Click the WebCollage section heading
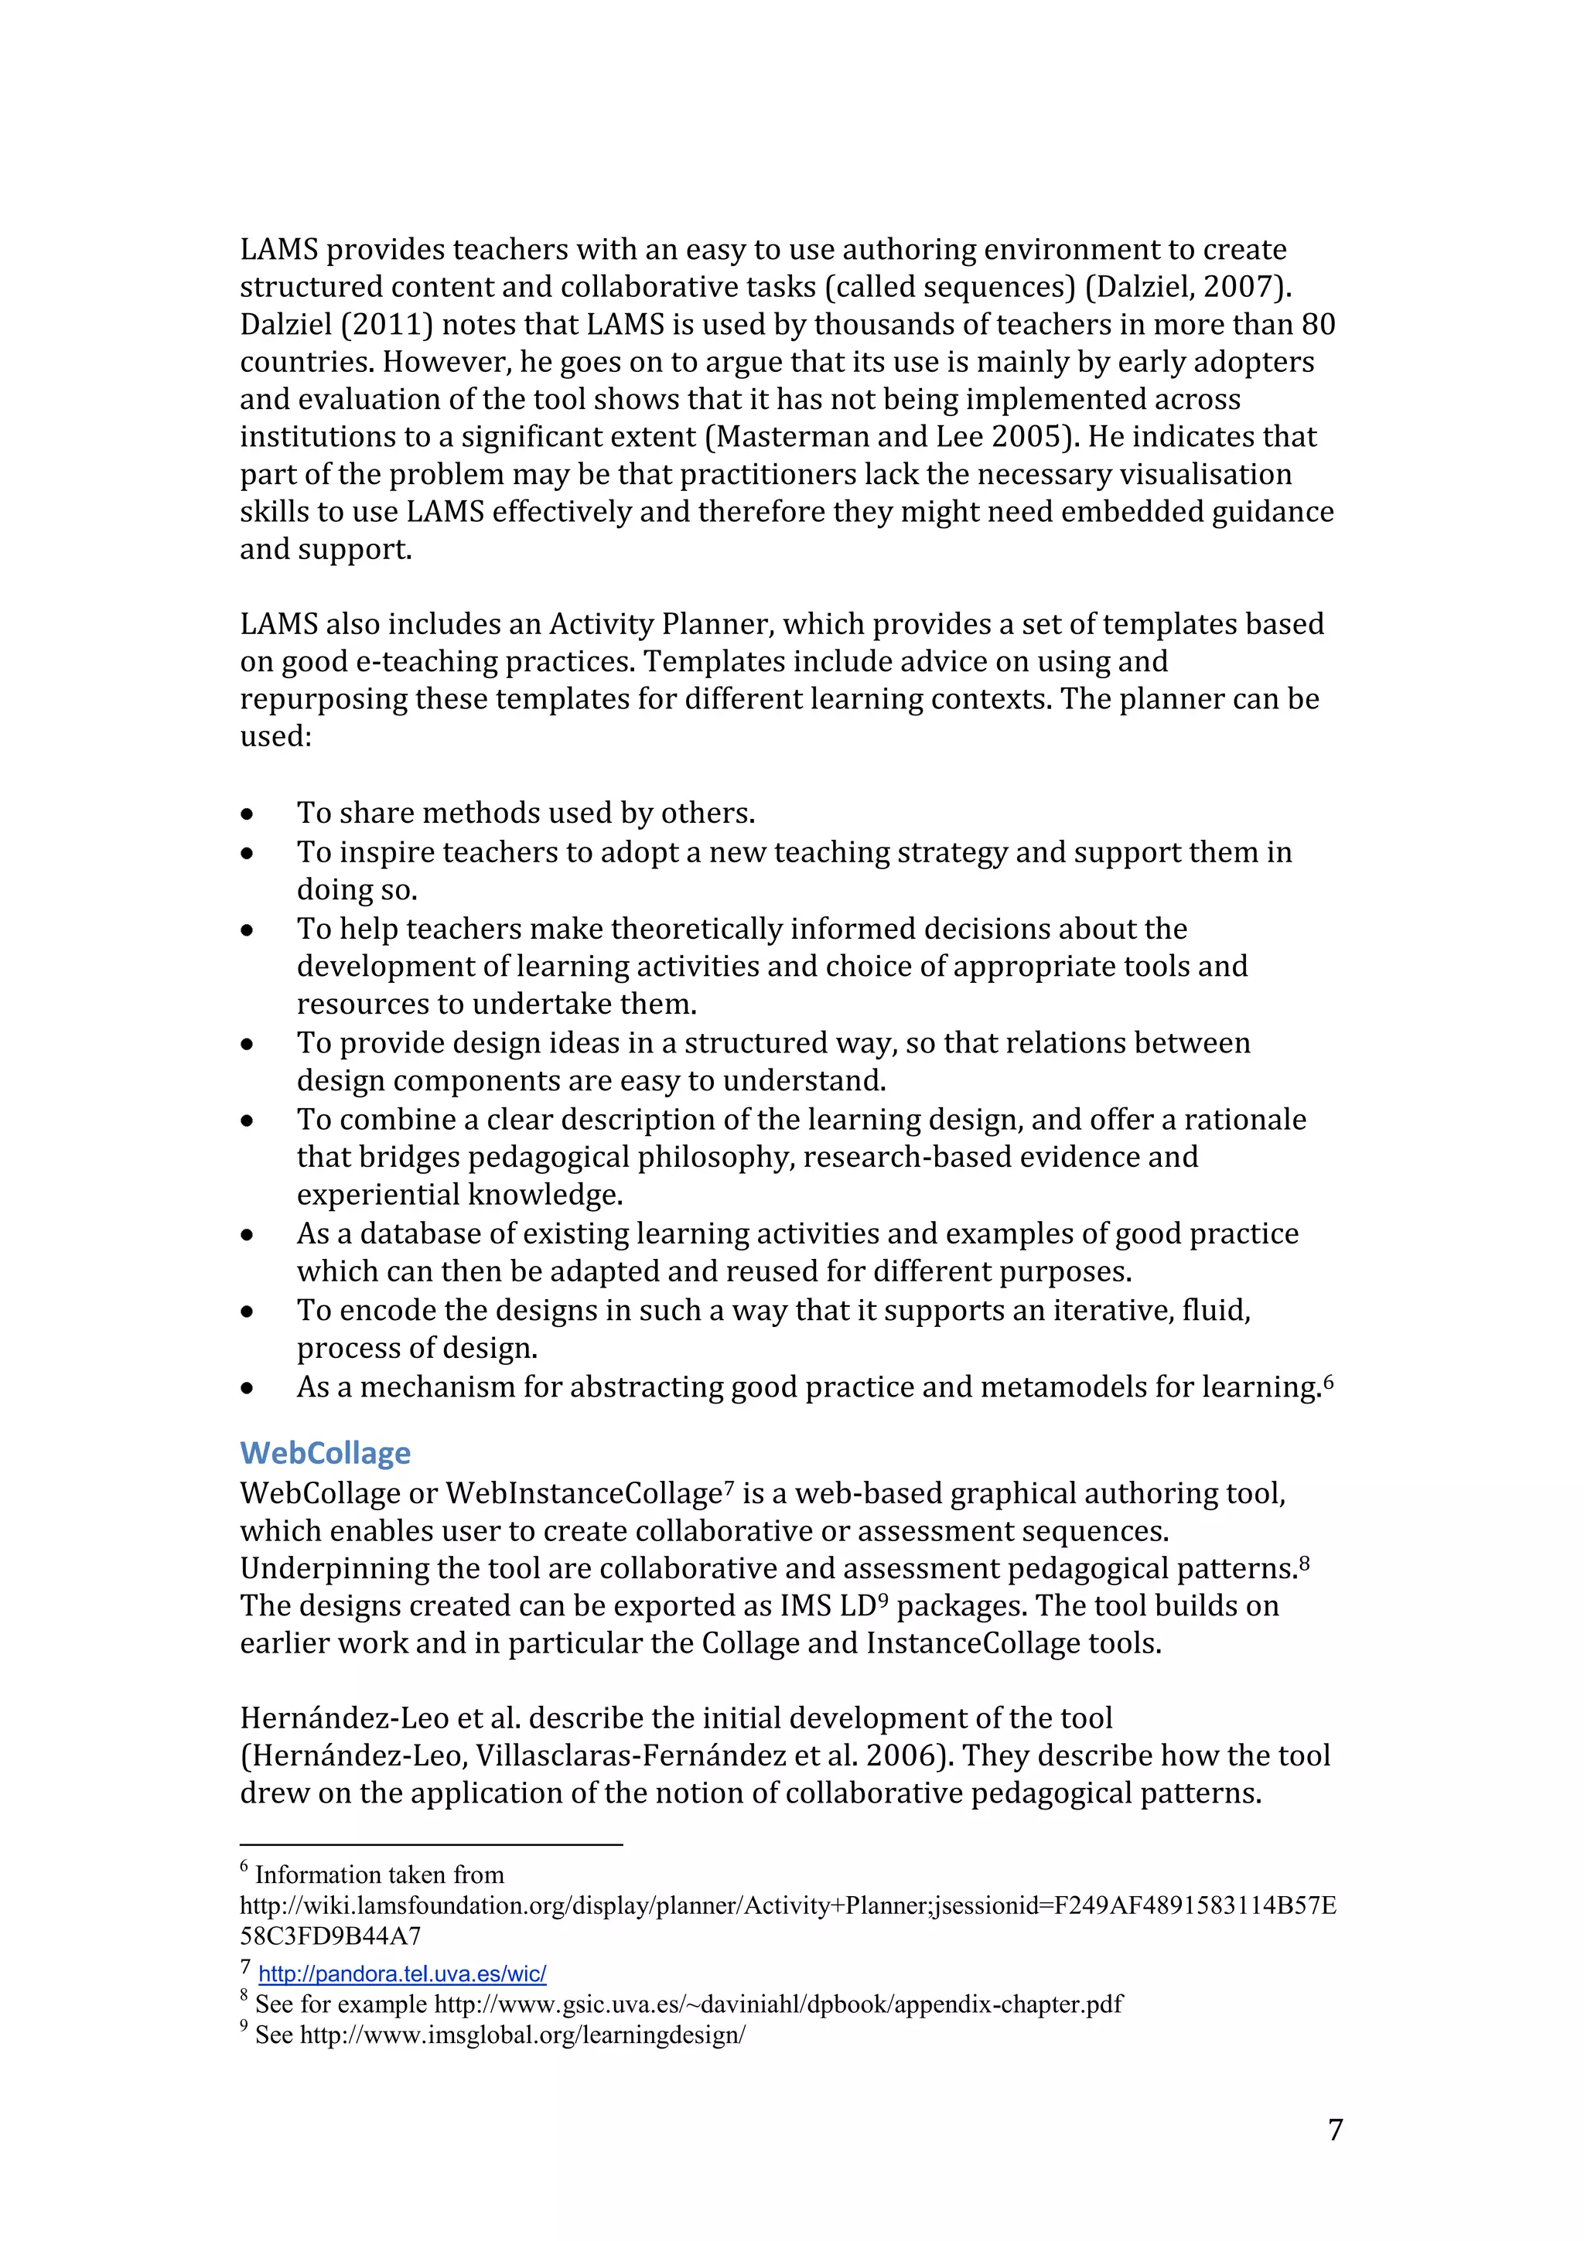(x=325, y=1452)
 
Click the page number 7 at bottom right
(x=1335, y=2129)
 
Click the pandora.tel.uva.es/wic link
(x=402, y=1973)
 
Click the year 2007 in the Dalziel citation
(x=1241, y=286)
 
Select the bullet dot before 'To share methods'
(x=248, y=814)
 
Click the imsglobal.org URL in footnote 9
(x=523, y=2035)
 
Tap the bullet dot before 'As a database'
(x=248, y=1235)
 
